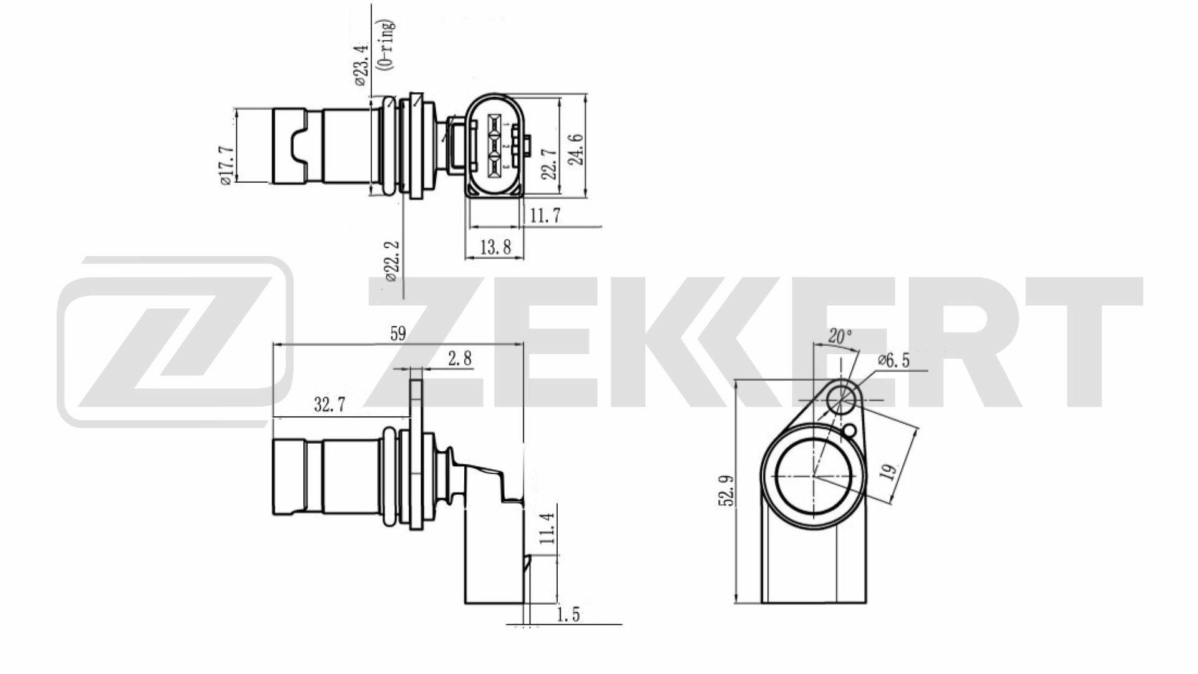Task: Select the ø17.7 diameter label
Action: (x=226, y=165)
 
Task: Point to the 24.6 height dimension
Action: (x=577, y=149)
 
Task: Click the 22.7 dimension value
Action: (x=549, y=164)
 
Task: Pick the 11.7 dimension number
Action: (x=545, y=215)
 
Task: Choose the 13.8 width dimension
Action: (x=496, y=248)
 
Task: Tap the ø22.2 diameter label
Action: (x=391, y=261)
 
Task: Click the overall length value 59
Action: (x=397, y=334)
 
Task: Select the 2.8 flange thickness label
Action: (x=460, y=359)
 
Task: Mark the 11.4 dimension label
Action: (x=547, y=528)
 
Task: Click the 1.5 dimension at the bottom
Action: (x=567, y=615)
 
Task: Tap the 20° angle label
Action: (x=839, y=337)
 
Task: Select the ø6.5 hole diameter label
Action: (x=894, y=361)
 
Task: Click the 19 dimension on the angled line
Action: (x=889, y=470)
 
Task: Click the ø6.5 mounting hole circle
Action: (x=840, y=398)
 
